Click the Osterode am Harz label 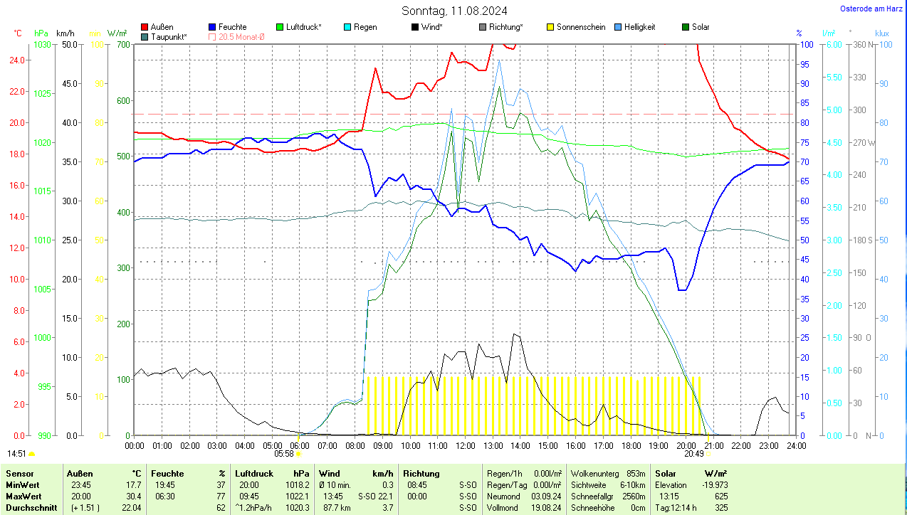[x=871, y=9]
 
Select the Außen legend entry [x=162, y=27]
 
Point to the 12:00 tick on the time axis [x=465, y=446]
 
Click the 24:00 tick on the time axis [x=796, y=446]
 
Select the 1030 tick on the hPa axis [x=43, y=44]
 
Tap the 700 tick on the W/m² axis [x=123, y=44]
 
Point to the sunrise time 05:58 [x=284, y=453]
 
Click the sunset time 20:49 [x=694, y=453]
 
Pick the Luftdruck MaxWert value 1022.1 [x=298, y=496]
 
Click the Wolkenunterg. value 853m [x=636, y=474]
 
